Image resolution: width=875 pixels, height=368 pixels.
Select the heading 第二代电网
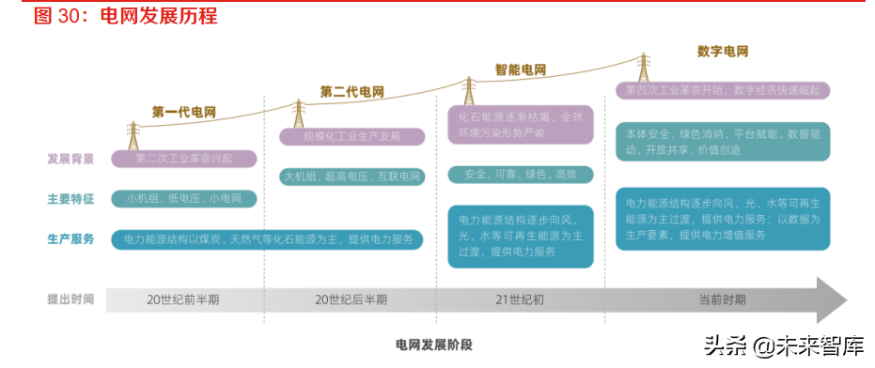[352, 92]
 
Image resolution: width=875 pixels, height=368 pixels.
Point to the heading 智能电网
[521, 69]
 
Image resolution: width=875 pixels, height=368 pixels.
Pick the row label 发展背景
[70, 159]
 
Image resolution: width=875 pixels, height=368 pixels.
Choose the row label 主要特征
[70, 199]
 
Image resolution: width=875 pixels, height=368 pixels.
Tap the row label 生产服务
[70, 239]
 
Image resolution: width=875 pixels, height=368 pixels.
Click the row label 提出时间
[70, 299]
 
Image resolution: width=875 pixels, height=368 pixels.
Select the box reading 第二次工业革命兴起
[183, 159]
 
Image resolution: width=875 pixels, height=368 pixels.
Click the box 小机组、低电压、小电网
[183, 199]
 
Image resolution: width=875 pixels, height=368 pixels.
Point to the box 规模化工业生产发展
[352, 137]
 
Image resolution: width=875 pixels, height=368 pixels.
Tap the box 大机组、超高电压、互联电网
[352, 176]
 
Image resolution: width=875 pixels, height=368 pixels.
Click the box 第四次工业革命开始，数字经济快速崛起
[723, 90]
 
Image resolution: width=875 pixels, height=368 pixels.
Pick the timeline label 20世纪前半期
[183, 300]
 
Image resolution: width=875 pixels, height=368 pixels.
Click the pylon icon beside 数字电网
[645, 68]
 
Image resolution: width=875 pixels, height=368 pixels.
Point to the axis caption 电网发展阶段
[433, 345]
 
